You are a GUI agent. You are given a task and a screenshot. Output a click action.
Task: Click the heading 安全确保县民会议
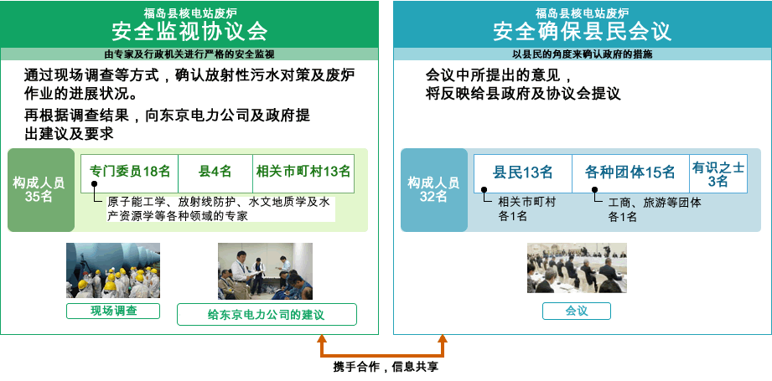pyautogui.click(x=582, y=32)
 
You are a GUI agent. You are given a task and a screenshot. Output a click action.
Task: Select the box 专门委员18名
pyautogui.click(x=130, y=172)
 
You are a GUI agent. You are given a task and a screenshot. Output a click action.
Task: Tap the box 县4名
pyautogui.click(x=215, y=172)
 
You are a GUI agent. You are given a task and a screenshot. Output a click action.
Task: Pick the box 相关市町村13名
pyautogui.click(x=303, y=172)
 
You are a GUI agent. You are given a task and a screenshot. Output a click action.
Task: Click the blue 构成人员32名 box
pyautogui.click(x=433, y=190)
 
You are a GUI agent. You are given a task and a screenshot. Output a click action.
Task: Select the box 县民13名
pyautogui.click(x=522, y=172)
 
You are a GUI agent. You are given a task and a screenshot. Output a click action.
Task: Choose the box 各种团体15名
pyautogui.click(x=630, y=172)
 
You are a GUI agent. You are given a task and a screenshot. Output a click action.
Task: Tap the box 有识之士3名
pyautogui.click(x=718, y=173)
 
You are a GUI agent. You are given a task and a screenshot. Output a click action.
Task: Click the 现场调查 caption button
pyautogui.click(x=113, y=311)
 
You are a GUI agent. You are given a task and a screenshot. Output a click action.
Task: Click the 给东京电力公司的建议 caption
pyautogui.click(x=267, y=315)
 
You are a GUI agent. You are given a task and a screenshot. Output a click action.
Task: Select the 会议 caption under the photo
pyautogui.click(x=576, y=311)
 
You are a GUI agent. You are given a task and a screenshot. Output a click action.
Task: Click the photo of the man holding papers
pyautogui.click(x=265, y=270)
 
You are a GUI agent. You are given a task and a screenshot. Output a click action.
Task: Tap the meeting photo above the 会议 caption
pyautogui.click(x=576, y=268)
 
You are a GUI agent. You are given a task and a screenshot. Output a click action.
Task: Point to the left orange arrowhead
pyautogui.click(x=320, y=340)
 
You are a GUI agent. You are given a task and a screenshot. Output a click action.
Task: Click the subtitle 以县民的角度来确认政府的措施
pyautogui.click(x=582, y=54)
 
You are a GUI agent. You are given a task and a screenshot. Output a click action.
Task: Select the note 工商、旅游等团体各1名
pyautogui.click(x=654, y=209)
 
